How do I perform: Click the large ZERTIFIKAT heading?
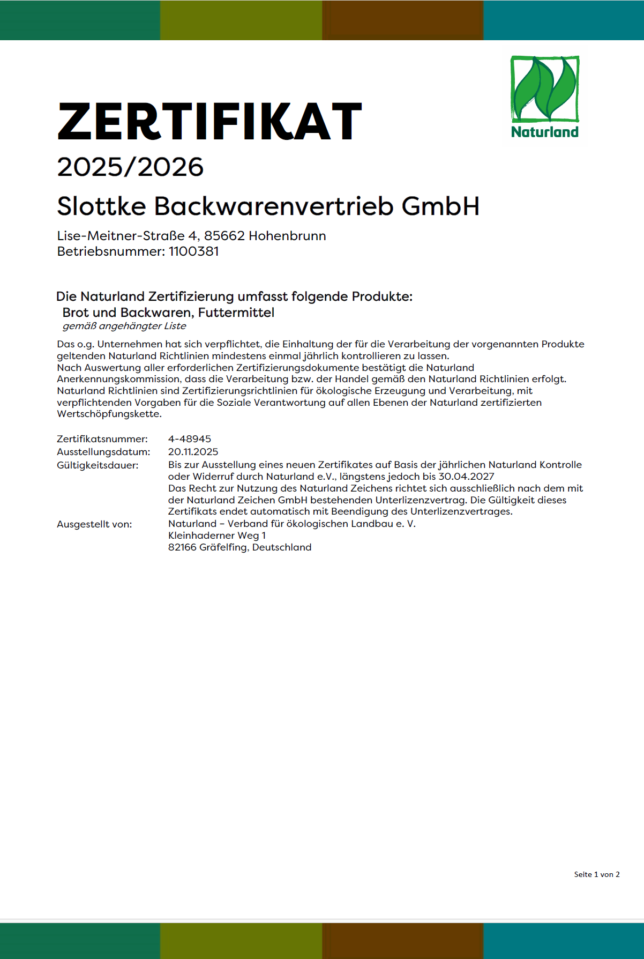pos(209,121)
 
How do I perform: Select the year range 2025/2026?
pos(130,167)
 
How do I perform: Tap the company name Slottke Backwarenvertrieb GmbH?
pos(268,206)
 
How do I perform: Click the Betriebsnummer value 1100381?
pos(193,251)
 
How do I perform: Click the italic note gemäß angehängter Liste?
pos(124,326)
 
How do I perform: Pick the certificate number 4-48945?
pos(190,439)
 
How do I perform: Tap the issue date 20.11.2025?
pos(193,452)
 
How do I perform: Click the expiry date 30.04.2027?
pos(466,477)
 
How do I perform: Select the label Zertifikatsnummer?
pos(102,439)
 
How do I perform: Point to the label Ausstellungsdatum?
pos(103,452)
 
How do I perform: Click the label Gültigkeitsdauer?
pos(98,465)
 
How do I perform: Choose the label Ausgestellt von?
pos(94,524)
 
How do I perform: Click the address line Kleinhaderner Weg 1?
pos(217,536)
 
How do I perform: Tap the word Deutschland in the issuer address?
pos(282,547)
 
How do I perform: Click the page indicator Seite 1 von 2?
pos(597,874)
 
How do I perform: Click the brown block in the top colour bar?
pos(402,20)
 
